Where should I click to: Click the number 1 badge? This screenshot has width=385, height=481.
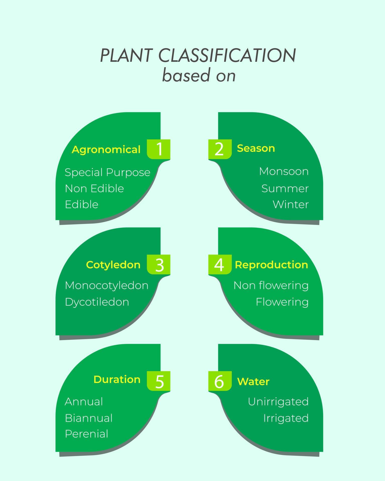[159, 149]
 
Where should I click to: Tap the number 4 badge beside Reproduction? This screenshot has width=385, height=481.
[220, 265]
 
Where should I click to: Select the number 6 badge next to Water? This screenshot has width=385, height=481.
[220, 381]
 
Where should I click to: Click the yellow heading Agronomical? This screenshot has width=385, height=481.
[106, 150]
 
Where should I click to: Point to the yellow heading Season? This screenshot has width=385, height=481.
[256, 148]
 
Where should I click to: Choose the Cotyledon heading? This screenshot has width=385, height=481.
[113, 265]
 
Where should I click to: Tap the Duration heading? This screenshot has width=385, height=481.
[117, 379]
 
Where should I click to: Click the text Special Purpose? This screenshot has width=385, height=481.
[107, 172]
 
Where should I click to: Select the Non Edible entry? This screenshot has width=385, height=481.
[94, 188]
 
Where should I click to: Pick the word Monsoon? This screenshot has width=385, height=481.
[284, 171]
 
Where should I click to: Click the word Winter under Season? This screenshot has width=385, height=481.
[291, 204]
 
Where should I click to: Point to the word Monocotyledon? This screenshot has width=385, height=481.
[107, 286]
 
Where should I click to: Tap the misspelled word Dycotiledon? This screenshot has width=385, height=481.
[97, 302]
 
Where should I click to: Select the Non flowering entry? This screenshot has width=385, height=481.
[271, 285]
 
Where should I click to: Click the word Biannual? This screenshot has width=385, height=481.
[89, 418]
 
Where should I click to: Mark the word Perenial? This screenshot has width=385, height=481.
[86, 434]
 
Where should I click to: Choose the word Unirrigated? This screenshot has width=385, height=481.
[278, 402]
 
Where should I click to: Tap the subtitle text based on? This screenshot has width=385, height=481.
[199, 75]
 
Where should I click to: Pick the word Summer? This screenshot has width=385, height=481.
[285, 188]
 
